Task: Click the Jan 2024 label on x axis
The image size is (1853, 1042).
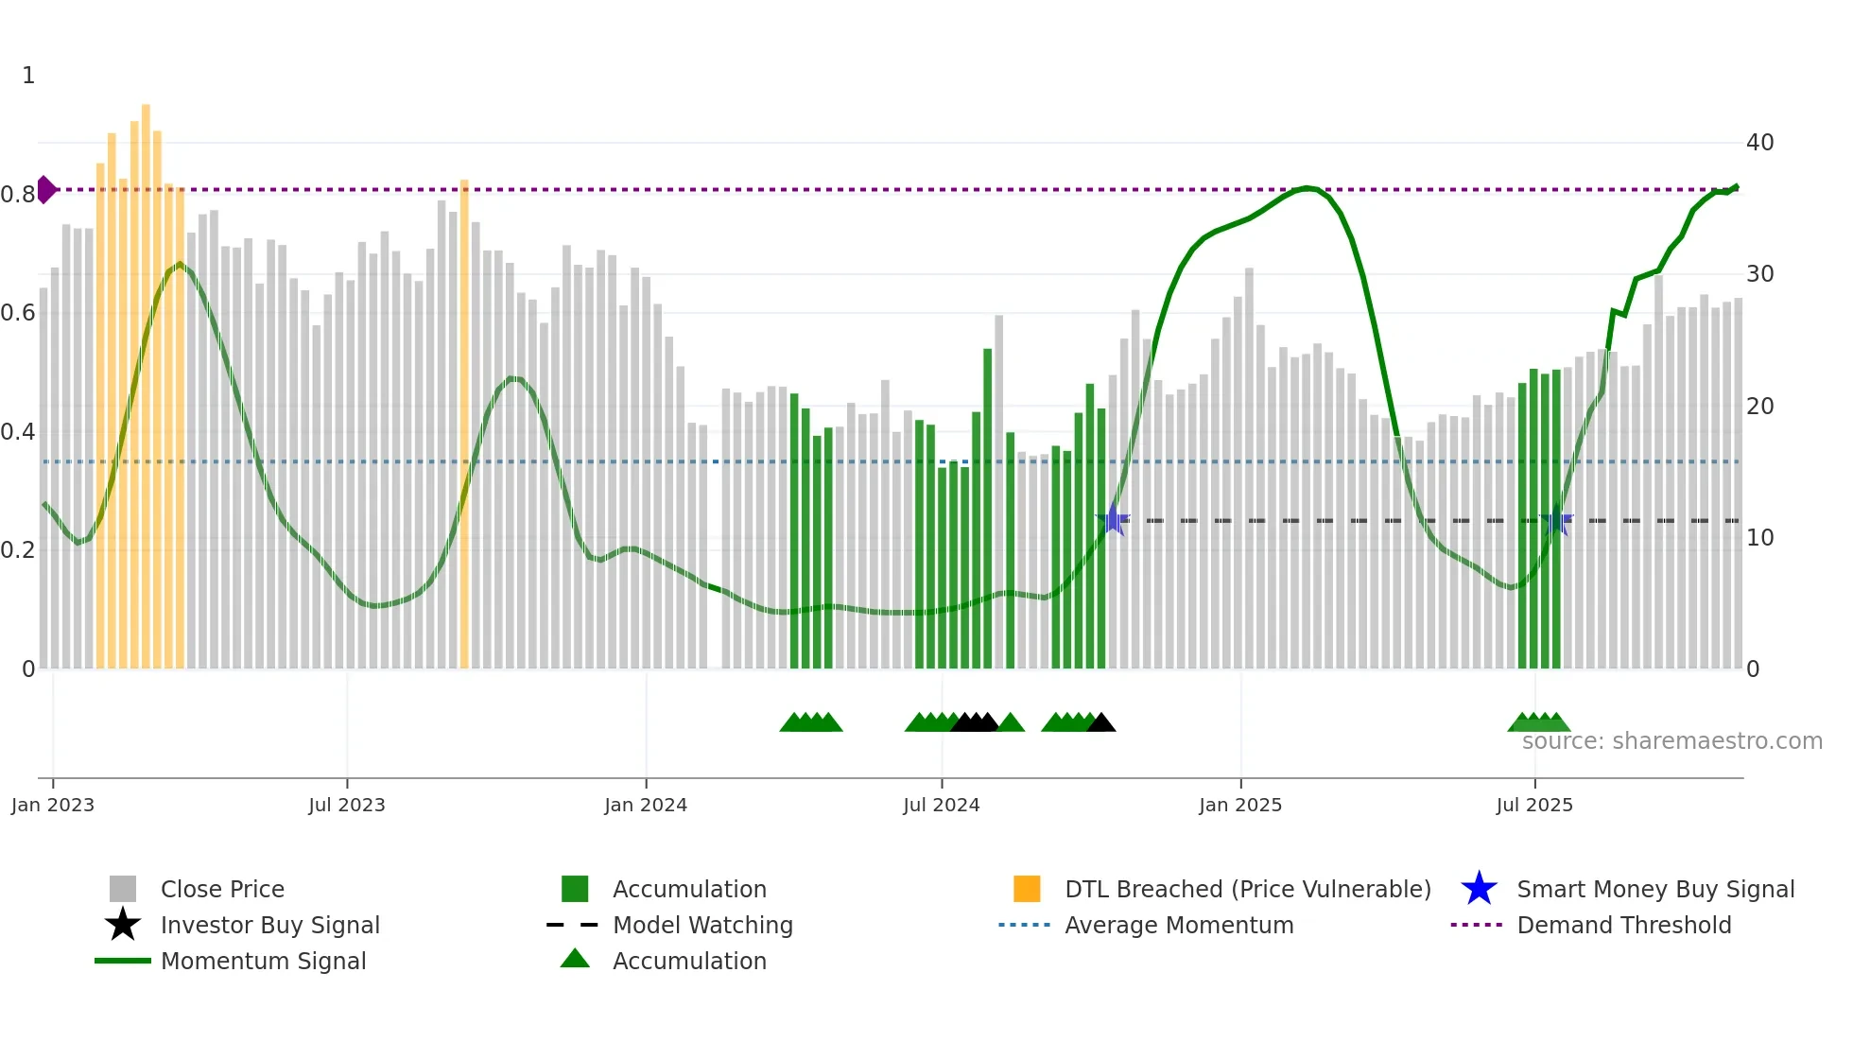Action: tap(646, 805)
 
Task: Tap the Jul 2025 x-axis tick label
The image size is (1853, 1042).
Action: tap(1534, 805)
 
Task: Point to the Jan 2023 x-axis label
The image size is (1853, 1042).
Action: tap(53, 805)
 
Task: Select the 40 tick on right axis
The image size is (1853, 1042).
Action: tap(1759, 143)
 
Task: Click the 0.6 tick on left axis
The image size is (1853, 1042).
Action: tap(18, 313)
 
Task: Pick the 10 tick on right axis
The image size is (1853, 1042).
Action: tap(1759, 538)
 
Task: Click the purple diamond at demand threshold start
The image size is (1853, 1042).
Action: tap(45, 189)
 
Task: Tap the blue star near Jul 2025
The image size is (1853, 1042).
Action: tap(1556, 520)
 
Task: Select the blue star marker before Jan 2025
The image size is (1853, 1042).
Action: tap(1114, 520)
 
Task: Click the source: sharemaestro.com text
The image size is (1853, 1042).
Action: tap(1671, 741)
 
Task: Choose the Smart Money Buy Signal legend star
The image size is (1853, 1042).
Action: tap(1479, 889)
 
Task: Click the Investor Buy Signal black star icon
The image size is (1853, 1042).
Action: tap(123, 925)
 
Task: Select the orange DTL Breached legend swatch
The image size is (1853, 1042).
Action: tap(1027, 889)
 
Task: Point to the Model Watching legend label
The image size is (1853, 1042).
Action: tap(702, 925)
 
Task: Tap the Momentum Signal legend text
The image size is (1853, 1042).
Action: tap(263, 961)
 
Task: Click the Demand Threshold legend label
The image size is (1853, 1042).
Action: tap(1623, 925)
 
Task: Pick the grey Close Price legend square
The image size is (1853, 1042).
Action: tap(123, 889)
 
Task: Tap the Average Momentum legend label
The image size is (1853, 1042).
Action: tap(1179, 925)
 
